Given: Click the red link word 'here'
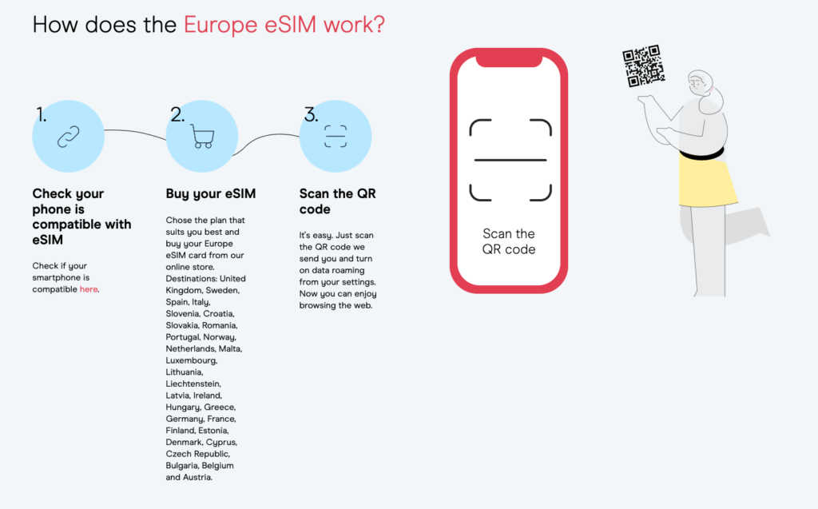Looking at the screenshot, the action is coord(89,289).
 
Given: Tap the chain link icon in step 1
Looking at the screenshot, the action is coord(69,137).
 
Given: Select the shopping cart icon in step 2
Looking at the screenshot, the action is coord(202,137).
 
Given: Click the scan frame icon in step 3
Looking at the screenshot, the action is coord(336,137).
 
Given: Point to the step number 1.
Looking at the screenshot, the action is coord(42,114).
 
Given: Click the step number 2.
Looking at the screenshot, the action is coord(177,114).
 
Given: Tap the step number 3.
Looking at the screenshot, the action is coord(311,114).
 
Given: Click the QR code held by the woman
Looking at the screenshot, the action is coord(644,66).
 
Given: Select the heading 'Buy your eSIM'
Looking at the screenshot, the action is coord(211,193).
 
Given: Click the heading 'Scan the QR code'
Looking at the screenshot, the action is coord(338,201).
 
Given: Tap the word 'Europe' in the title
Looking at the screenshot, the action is coord(220,25).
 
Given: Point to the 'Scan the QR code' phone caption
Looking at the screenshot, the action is coord(509,241).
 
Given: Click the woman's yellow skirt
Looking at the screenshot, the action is coord(707,181).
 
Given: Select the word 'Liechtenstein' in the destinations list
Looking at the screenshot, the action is coord(193,384).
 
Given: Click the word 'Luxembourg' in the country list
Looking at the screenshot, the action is coord(190,360).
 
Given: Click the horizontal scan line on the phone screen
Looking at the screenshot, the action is coord(510,160).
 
